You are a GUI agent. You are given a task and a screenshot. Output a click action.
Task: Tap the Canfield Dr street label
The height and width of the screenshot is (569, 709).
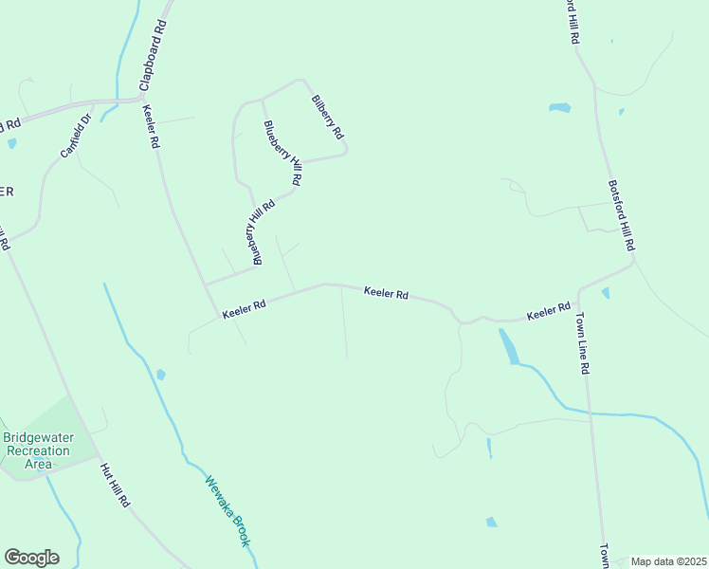74,136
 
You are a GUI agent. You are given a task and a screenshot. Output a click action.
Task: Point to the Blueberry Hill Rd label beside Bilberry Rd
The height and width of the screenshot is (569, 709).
282,153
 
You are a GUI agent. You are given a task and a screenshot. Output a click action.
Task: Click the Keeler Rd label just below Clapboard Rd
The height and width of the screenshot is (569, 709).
151,126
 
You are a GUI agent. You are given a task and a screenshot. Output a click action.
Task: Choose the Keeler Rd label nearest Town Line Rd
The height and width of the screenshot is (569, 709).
548,311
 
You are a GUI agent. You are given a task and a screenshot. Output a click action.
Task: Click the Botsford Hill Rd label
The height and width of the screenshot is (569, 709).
621,215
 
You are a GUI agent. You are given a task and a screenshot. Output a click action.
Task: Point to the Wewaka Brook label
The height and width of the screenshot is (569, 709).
227,510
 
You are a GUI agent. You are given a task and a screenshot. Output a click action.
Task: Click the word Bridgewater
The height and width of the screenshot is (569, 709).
37,438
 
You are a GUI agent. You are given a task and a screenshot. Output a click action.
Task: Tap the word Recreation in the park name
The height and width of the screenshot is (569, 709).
38,450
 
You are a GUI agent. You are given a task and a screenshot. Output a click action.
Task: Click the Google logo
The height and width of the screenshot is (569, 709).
31,558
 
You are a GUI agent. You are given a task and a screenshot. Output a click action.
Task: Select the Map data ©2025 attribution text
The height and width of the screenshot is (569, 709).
668,561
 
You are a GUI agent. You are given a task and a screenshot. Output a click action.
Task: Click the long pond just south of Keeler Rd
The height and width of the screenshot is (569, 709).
509,346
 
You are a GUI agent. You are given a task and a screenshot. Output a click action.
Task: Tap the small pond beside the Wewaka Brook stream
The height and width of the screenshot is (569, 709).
160,375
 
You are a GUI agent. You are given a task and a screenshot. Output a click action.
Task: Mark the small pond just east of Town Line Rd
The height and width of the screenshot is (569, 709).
606,293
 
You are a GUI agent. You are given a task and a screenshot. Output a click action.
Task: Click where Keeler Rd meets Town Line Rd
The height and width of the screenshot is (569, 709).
578,289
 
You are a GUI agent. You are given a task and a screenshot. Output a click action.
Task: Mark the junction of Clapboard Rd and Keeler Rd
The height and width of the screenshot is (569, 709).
141,98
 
